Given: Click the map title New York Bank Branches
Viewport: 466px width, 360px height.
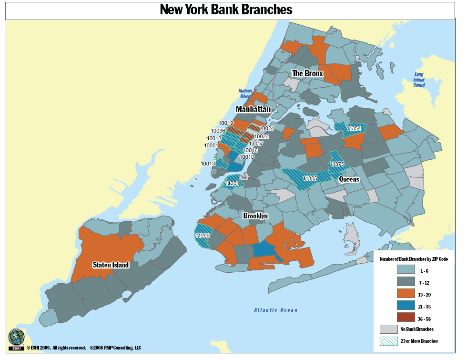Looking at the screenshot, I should click(x=226, y=10).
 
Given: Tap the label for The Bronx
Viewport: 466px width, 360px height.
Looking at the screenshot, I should click(x=307, y=73).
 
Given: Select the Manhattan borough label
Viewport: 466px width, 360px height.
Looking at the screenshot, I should click(x=253, y=109).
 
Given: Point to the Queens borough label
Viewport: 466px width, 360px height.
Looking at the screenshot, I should click(x=349, y=179).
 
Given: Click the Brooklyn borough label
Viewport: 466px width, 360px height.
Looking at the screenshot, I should click(x=255, y=216).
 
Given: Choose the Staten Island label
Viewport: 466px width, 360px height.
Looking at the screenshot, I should click(x=111, y=265).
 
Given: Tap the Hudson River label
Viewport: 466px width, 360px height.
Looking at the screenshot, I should click(x=245, y=93).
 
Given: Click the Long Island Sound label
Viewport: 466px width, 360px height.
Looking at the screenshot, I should click(x=419, y=79).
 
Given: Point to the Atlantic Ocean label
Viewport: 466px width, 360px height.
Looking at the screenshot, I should click(x=275, y=310).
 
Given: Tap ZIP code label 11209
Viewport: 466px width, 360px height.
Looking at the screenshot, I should click(x=203, y=236).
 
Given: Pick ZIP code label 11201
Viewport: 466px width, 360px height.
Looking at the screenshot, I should click(x=232, y=183).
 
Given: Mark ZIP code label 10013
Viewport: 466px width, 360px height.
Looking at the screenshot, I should click(x=208, y=164).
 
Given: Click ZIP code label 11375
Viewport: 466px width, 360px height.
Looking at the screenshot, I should click(x=336, y=164).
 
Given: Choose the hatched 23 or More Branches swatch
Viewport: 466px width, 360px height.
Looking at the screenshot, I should click(x=388, y=341).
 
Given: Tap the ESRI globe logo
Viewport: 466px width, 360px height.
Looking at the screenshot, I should click(x=16, y=337).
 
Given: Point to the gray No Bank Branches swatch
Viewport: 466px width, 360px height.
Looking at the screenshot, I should click(x=388, y=329).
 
